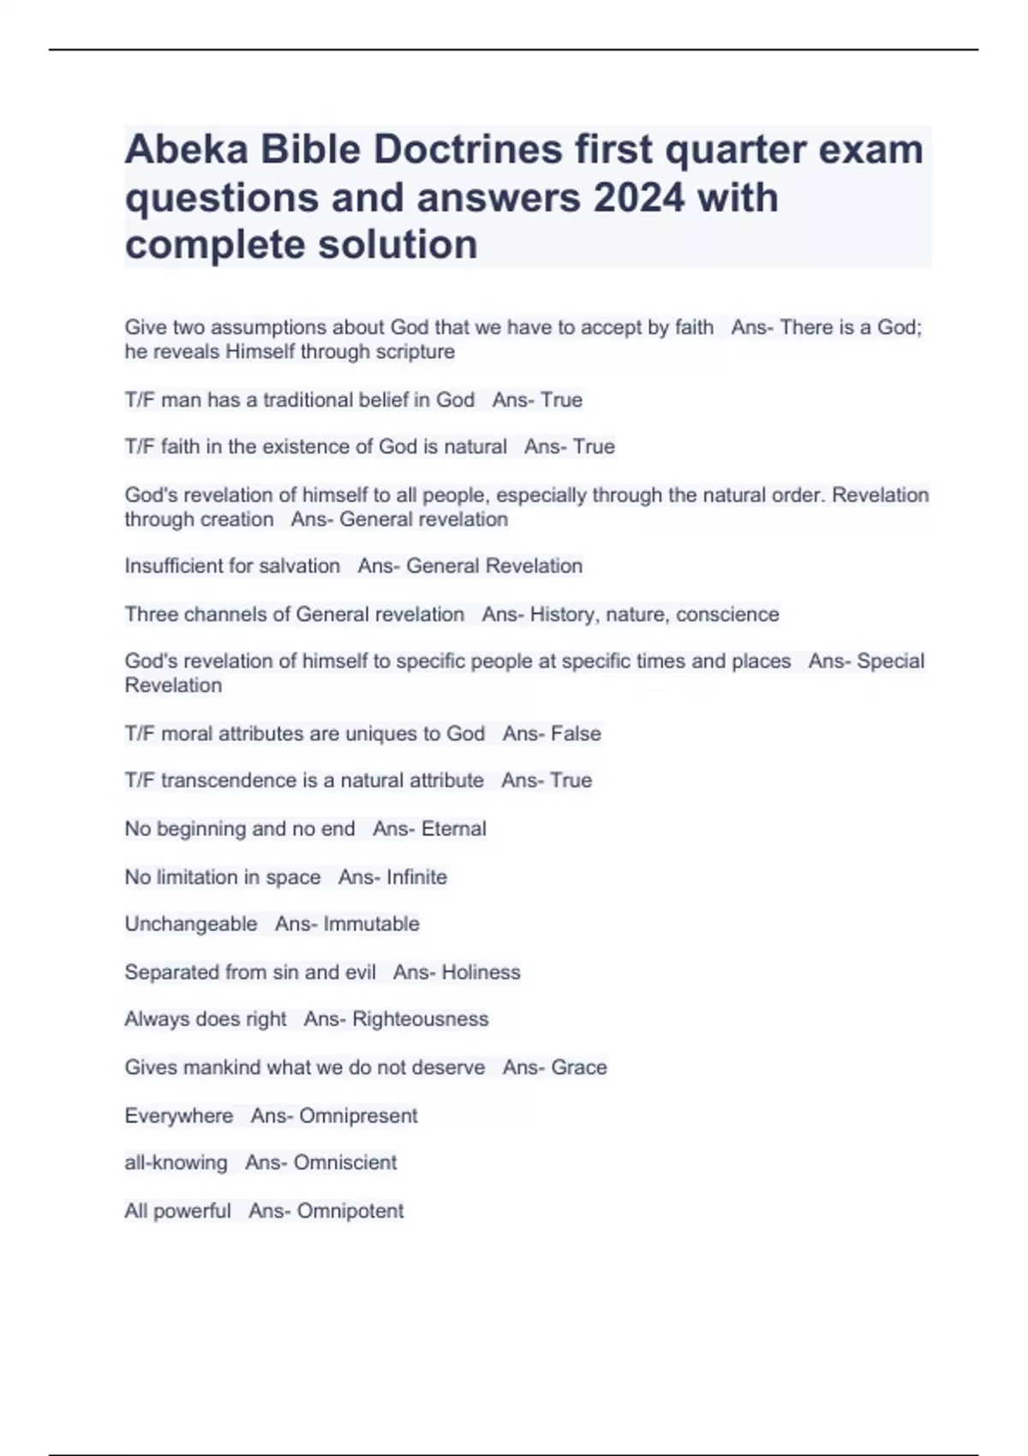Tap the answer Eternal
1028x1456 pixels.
[454, 829]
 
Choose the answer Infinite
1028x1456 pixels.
[417, 877]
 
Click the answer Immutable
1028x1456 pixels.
[372, 924]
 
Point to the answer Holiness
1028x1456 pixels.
[481, 972]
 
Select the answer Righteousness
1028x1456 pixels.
[421, 1019]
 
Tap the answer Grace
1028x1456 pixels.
[579, 1067]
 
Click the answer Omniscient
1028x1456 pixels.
[345, 1163]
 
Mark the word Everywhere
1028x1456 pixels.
[179, 1116]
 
